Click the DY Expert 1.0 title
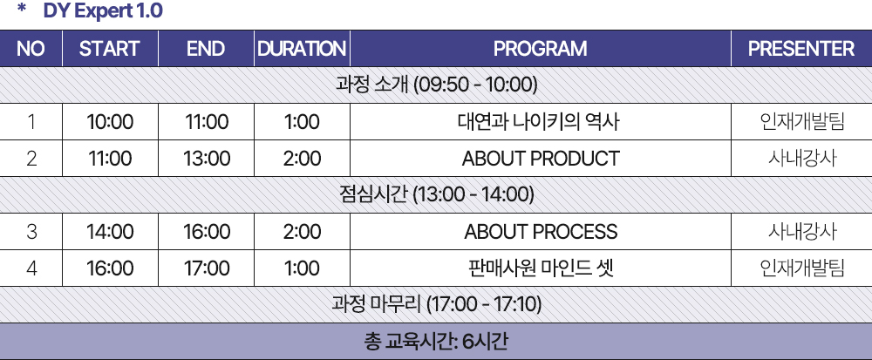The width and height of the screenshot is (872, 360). coord(103,11)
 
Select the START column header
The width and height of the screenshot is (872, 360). coord(110,49)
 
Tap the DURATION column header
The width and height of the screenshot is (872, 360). coord(302,49)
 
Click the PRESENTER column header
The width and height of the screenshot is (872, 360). coord(800,49)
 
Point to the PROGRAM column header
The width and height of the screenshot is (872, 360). coord(540,49)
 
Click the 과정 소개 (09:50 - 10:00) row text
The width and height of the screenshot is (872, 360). coord(437,85)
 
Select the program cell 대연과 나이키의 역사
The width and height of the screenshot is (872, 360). coord(540,122)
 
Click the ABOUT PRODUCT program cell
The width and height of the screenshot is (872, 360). coord(540,159)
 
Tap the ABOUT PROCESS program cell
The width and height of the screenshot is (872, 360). coord(541,231)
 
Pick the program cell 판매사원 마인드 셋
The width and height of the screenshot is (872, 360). coord(541,268)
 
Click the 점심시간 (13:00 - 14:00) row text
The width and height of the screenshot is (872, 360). coord(437,194)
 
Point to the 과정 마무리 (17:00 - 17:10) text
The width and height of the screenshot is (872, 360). coord(437,304)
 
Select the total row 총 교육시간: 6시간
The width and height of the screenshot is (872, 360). coord(436,341)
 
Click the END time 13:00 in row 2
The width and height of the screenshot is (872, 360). coord(207,159)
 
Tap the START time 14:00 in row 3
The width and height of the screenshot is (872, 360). coord(110,231)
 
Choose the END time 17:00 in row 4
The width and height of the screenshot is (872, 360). coord(207,268)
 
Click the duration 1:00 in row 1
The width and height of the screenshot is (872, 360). coord(302,122)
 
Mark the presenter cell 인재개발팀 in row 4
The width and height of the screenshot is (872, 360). coord(801,268)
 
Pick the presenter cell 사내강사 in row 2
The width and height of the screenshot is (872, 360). coord(801,159)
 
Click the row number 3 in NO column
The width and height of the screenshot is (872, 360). coord(31,231)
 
